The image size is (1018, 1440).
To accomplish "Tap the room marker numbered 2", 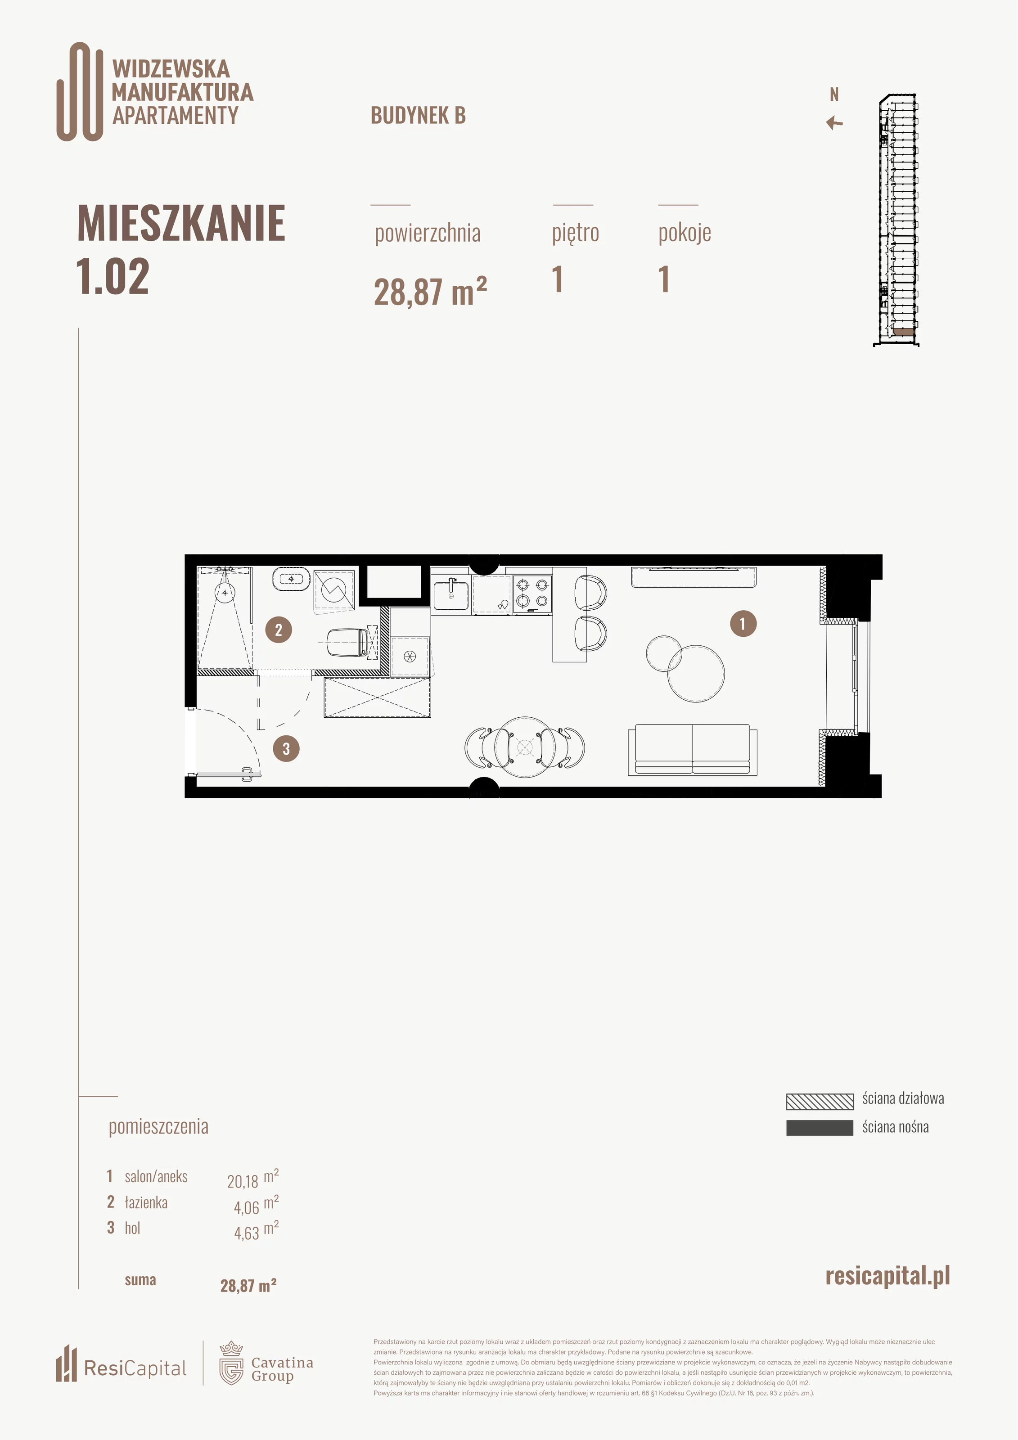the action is pos(279,629).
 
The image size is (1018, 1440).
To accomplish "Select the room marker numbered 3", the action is pos(286,748).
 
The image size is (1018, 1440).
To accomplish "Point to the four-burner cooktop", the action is pos(532,594).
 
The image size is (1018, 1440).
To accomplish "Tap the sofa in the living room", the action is pos(693,750).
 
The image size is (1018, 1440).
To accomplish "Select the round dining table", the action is pos(524,747).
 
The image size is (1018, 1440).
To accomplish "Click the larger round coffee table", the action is pos(696,673).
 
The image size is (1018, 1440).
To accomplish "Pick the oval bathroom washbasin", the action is pos(291,579).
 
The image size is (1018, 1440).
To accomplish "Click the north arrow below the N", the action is pos(834,123).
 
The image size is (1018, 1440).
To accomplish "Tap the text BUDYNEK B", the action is pos(419,115).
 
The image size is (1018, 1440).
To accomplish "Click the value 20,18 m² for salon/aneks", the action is pos(253,1179).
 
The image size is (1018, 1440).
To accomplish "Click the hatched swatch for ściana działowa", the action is pos(820,1101).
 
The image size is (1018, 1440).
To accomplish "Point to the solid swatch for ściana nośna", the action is pos(820,1128).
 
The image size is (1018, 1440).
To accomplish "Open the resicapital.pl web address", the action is pos(887,1276).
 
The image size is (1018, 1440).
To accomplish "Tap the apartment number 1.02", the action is pos(113,277).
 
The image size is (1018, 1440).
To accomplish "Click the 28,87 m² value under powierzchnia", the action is pos(430,291).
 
